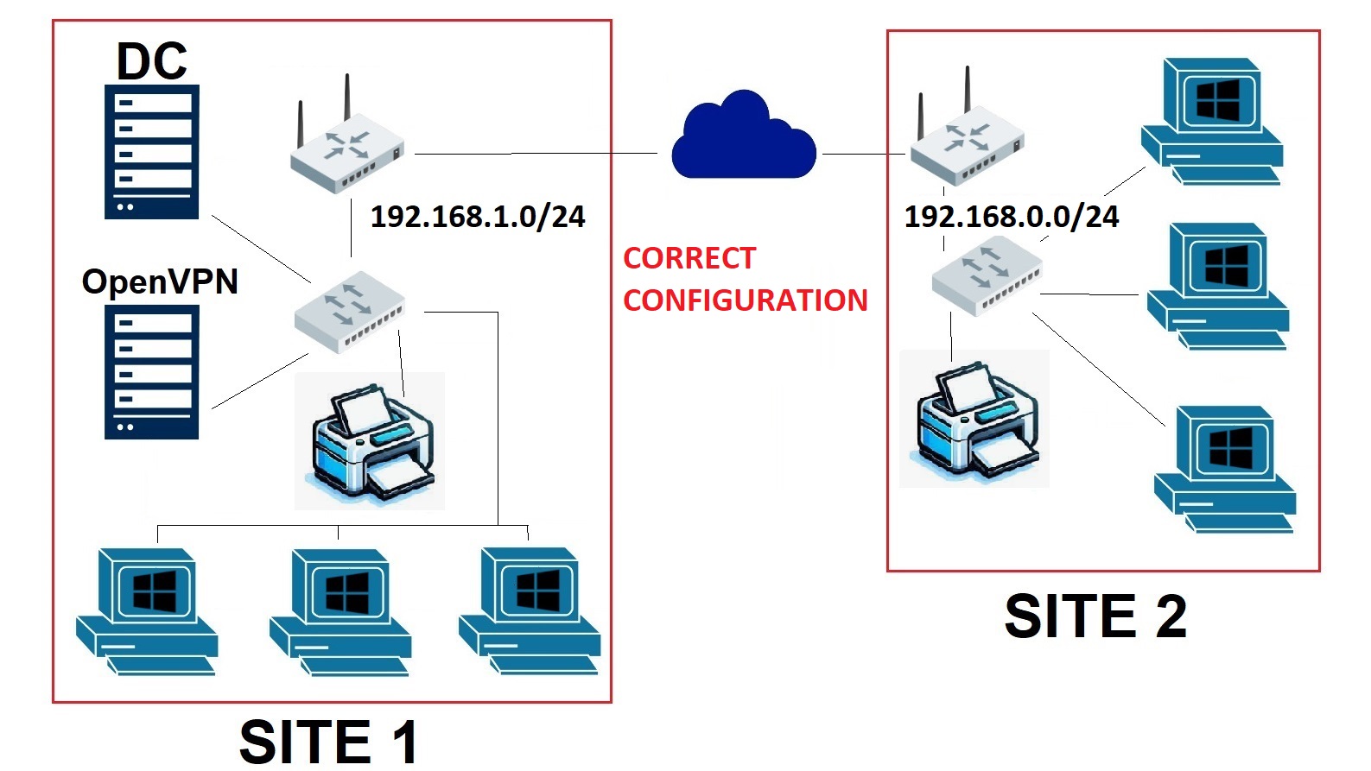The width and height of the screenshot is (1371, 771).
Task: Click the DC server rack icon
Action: click(x=152, y=152)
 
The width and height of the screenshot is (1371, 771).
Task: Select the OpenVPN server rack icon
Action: click(x=152, y=372)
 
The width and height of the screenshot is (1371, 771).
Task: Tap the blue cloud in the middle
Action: click(x=744, y=135)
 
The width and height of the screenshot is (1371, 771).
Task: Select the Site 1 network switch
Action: click(x=350, y=312)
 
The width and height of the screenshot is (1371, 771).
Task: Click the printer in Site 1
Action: click(x=370, y=441)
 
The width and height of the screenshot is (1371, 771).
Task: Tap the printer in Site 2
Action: click(x=974, y=419)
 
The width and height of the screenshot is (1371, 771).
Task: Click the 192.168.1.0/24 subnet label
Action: click(x=478, y=218)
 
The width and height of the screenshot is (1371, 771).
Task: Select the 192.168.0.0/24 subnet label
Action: click(x=1012, y=218)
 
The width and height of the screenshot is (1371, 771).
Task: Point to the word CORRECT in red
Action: click(x=689, y=258)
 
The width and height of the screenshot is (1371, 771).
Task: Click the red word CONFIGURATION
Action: click(x=746, y=300)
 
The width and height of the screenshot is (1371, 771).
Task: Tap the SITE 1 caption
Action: click(x=328, y=742)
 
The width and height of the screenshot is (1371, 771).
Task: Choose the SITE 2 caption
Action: click(x=1095, y=616)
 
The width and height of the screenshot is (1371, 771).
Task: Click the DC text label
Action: click(x=152, y=61)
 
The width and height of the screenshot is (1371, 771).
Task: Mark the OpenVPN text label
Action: click(x=160, y=281)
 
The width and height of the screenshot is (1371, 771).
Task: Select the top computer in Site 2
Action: click(x=1212, y=121)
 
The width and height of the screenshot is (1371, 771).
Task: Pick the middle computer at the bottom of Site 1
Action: click(x=340, y=612)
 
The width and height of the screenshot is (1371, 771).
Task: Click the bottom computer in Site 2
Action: click(x=1225, y=470)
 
